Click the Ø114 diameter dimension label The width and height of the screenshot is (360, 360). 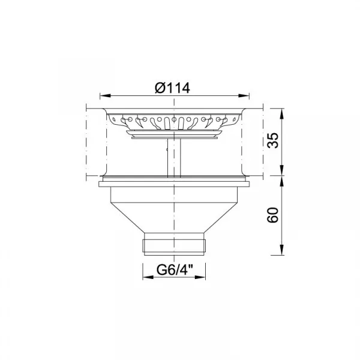pyautogui.click(x=172, y=88)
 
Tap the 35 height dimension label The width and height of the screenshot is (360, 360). pyautogui.click(x=273, y=140)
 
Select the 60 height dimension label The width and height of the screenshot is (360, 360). pyautogui.click(x=273, y=215)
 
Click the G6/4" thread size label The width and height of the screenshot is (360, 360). pyautogui.click(x=175, y=269)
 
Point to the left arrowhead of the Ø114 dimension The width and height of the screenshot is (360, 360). pyautogui.click(x=106, y=95)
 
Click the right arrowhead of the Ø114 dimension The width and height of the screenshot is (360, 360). pyautogui.click(x=244, y=95)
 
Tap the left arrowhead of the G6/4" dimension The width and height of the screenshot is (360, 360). pyautogui.click(x=148, y=277)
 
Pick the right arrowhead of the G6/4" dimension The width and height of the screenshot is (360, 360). pyautogui.click(x=200, y=277)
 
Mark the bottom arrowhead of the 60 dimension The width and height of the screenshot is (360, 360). pyautogui.click(x=282, y=250)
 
